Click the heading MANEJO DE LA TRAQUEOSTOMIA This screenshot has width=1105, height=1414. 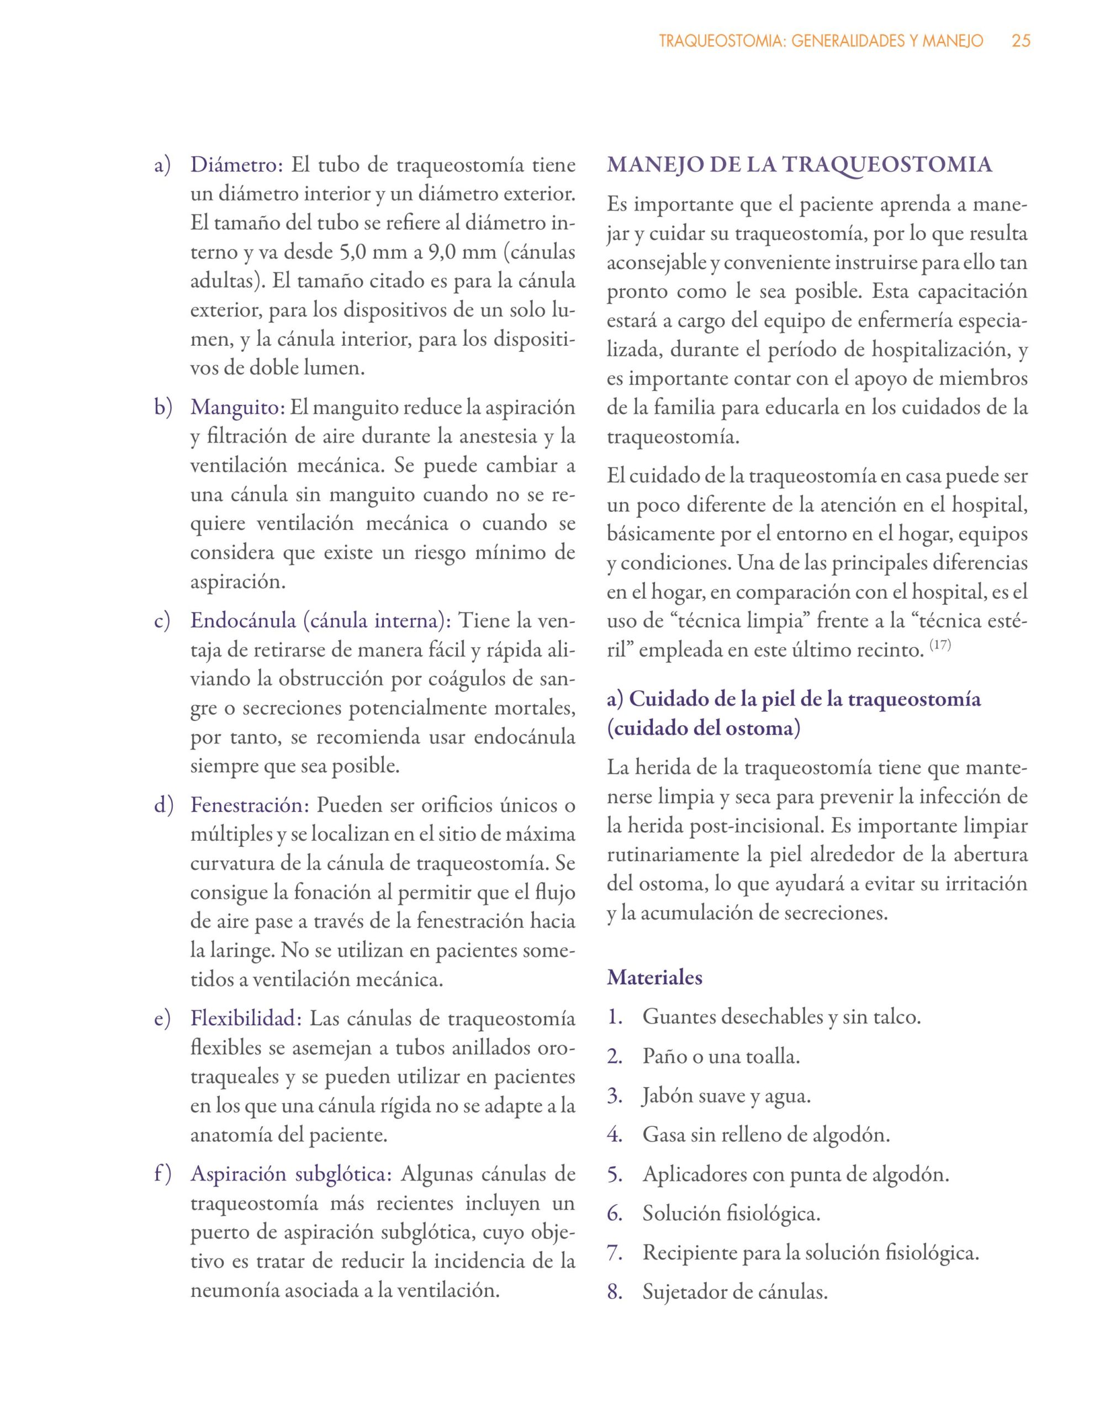(x=800, y=165)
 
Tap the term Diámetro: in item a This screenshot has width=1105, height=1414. (x=236, y=165)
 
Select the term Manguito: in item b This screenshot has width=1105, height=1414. (x=237, y=408)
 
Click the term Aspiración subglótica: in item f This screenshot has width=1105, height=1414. (x=292, y=1174)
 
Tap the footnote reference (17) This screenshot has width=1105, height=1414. (x=940, y=646)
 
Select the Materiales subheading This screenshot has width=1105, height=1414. (x=654, y=977)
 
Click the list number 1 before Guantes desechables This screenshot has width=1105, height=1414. (x=614, y=1017)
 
